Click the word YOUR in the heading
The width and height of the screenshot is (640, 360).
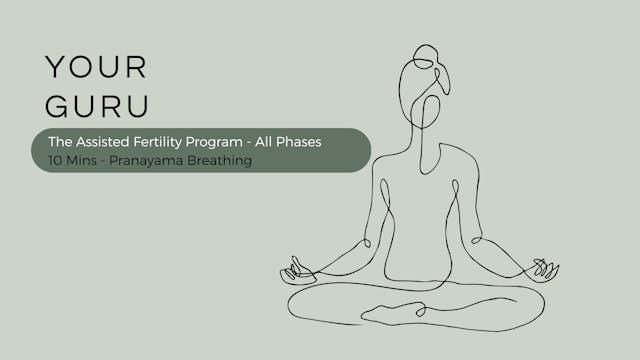point(96,67)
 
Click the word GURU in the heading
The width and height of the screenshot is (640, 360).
point(96,107)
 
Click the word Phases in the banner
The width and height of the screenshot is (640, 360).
point(298,142)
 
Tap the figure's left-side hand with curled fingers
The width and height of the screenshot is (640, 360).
point(297,269)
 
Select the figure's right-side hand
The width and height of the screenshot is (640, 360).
point(544,269)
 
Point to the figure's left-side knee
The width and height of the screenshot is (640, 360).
point(305,300)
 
